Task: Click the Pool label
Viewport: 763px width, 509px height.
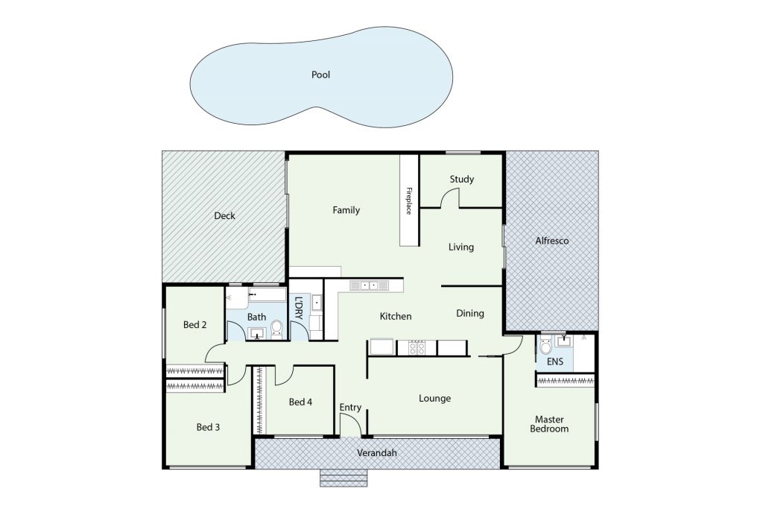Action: point(320,75)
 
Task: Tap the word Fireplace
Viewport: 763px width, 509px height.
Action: point(409,200)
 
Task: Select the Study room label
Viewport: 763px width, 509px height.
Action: point(462,179)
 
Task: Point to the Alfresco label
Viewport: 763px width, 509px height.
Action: point(552,241)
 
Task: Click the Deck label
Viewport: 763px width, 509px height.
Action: point(224,215)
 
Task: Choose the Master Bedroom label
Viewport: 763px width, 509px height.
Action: point(549,424)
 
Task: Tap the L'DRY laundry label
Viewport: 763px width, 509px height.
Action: point(299,308)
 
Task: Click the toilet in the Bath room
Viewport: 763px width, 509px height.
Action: point(276,329)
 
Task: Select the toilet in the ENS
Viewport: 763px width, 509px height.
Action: point(546,346)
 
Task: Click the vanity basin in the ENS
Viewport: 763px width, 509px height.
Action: point(565,341)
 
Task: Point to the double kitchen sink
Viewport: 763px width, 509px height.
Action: point(370,285)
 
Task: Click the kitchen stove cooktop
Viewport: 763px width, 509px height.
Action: point(417,347)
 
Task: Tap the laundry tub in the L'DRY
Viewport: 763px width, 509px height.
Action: point(317,303)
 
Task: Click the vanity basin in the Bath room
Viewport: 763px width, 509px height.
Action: point(256,333)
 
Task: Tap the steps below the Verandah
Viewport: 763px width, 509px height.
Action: point(343,478)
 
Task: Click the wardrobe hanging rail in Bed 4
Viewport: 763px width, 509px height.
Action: point(260,400)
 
